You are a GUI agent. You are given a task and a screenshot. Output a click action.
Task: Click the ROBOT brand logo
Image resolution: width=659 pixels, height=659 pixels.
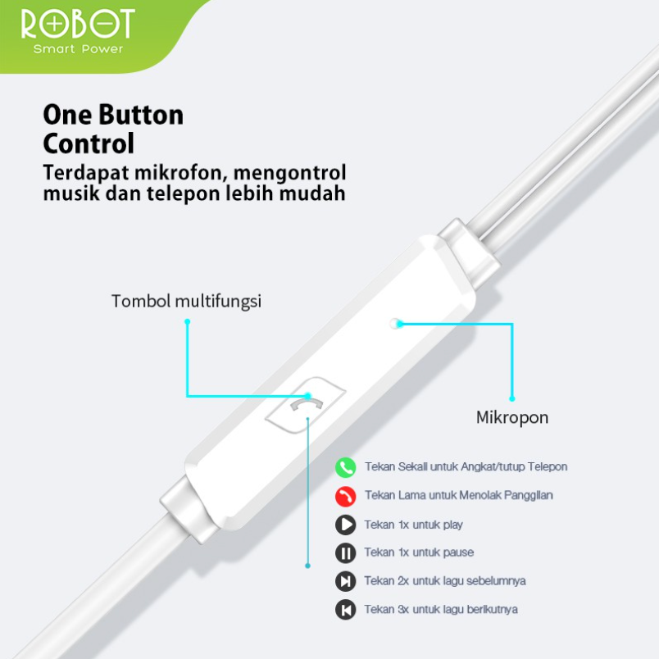tap(76, 24)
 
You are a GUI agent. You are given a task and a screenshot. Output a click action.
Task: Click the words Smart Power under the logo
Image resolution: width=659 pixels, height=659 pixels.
tap(79, 49)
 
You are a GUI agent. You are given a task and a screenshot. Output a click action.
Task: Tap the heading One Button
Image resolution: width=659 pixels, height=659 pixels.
tap(113, 114)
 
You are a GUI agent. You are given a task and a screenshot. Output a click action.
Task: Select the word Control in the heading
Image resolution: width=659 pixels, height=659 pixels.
tap(89, 144)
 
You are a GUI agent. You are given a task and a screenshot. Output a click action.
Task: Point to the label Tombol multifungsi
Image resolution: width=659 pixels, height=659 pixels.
tap(186, 302)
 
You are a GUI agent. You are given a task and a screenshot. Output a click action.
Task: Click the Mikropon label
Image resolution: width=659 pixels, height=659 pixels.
tap(512, 418)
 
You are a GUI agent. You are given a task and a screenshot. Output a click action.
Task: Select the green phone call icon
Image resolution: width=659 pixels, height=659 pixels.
tap(346, 467)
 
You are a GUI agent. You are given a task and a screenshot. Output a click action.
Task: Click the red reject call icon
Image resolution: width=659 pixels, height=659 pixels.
tap(346, 496)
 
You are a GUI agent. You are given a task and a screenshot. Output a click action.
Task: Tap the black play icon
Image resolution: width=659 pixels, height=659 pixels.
tap(346, 525)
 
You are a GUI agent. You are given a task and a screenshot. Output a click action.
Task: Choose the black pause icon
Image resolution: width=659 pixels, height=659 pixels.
tap(346, 553)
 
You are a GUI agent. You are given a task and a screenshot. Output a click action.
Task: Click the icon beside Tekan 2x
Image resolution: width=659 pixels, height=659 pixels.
tap(346, 581)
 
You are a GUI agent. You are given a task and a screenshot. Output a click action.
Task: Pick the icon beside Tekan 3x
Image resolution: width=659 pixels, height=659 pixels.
tap(346, 610)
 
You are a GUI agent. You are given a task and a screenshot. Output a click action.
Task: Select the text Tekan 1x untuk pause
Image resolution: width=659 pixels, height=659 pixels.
tap(419, 552)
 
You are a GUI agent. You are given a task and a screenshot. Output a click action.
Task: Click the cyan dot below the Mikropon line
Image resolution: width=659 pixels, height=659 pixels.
tap(512, 399)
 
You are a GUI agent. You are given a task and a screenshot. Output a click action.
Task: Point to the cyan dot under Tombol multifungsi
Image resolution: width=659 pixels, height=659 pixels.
tap(187, 322)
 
